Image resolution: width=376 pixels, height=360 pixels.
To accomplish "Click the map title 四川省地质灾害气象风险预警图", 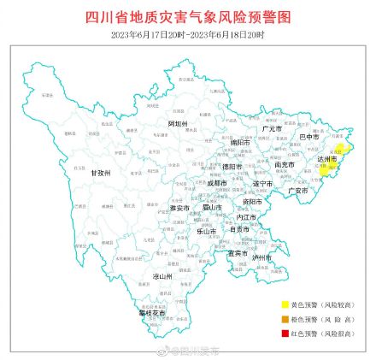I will point(189,16).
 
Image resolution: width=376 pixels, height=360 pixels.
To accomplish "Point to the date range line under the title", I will point(188,33).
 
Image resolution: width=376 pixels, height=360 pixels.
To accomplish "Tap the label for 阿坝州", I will point(178,124).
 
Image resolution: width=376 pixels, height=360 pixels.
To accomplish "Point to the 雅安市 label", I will point(179,208).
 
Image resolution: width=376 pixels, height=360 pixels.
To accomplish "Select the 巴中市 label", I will point(308,136).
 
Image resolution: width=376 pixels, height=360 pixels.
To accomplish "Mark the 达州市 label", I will point(330,159).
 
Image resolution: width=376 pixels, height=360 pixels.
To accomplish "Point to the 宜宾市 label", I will point(238,252).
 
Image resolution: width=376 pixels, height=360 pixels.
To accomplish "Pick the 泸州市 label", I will point(262,257).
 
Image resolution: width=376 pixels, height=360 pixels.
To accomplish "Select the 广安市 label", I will point(298,191).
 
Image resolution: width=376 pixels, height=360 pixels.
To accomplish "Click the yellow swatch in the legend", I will point(285,304).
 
